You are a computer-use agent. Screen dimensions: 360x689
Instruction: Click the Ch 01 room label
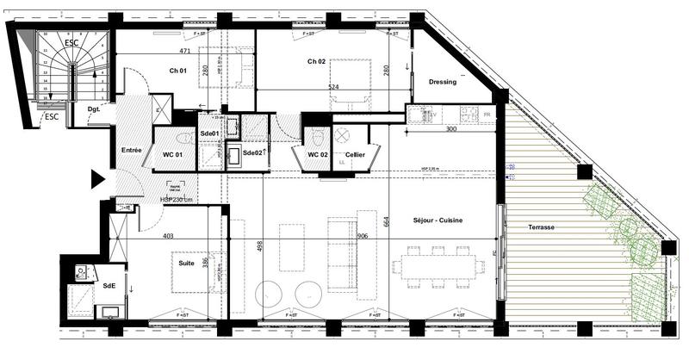[178, 71]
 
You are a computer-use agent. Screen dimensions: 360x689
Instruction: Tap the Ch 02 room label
[317, 62]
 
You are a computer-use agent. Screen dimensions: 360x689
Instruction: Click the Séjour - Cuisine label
[438, 221]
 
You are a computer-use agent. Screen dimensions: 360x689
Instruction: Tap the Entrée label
[131, 151]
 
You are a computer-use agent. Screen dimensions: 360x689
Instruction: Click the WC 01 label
[173, 154]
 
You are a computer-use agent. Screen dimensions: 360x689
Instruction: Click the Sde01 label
[209, 133]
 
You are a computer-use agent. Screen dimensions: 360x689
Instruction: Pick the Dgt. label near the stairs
[94, 109]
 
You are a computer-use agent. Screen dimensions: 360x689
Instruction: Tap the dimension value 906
[363, 236]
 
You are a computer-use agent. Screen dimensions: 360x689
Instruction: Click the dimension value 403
[168, 236]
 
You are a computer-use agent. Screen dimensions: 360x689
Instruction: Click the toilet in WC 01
[183, 138]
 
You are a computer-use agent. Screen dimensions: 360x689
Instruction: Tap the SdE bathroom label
[109, 285]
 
